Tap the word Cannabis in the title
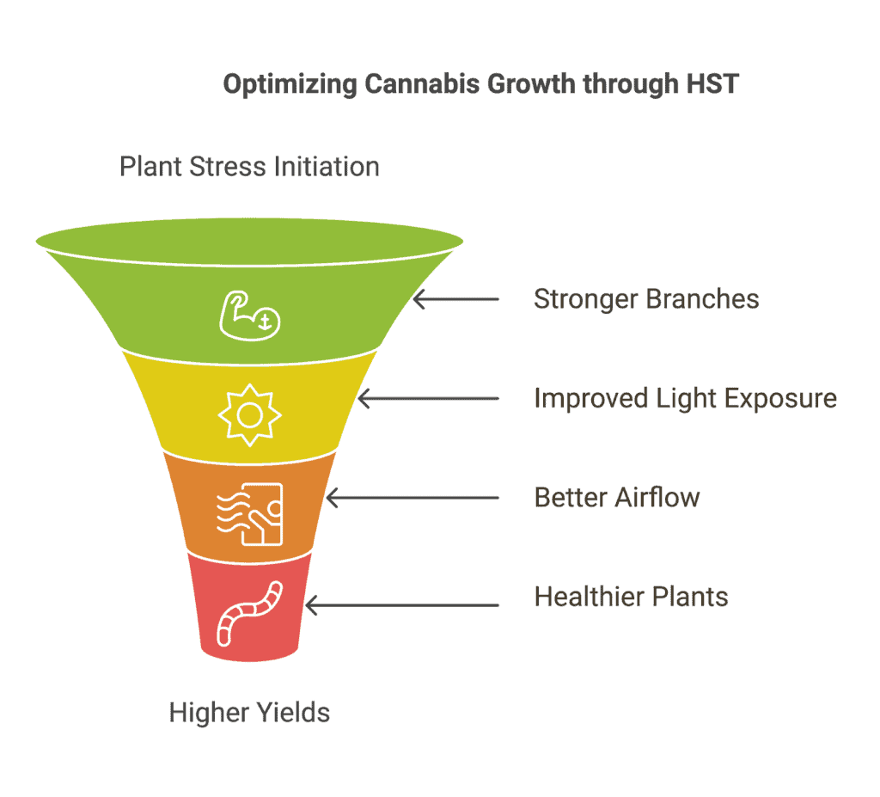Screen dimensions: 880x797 [422, 83]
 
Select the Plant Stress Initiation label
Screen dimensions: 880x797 [249, 167]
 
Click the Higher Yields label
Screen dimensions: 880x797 [249, 713]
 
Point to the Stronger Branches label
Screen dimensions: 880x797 [646, 299]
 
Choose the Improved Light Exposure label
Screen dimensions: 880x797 [685, 398]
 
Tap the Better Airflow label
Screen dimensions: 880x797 [617, 498]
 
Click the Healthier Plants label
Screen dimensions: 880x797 [631, 597]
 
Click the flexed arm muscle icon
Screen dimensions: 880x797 [249, 316]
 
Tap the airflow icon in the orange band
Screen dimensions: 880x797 [250, 514]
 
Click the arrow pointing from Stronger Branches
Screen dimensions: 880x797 [455, 299]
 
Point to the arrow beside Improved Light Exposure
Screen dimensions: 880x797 [428, 399]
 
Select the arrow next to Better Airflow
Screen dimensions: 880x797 [412, 498]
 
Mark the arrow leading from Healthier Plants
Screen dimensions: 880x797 [402, 605]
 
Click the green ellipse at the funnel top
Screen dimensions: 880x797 [249, 242]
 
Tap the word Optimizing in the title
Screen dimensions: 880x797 [290, 84]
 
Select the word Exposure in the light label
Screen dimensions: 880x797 [780, 398]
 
